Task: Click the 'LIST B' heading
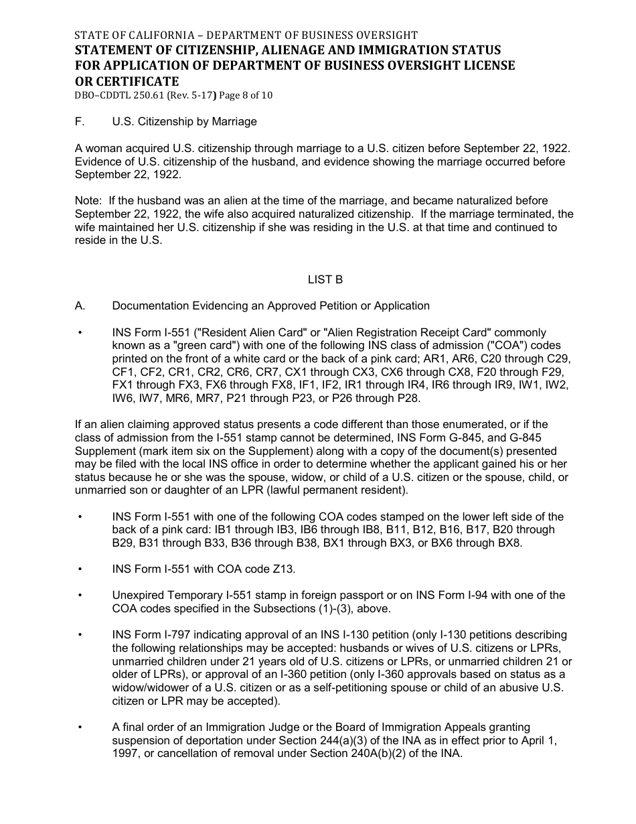[325, 280]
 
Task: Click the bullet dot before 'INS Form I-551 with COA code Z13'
[80, 569]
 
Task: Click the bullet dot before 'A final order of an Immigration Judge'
[80, 728]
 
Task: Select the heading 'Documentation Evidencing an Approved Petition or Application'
[270, 306]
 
